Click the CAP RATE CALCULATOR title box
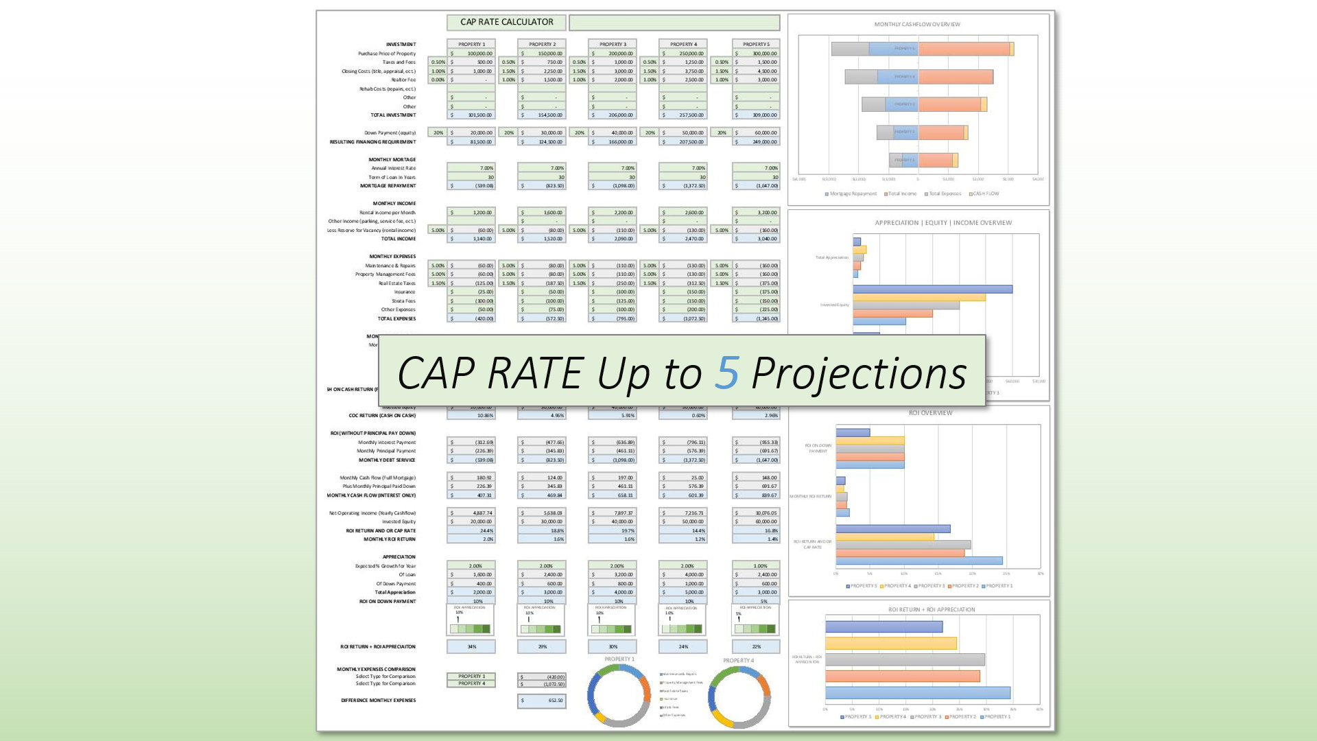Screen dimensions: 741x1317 pyautogui.click(x=506, y=22)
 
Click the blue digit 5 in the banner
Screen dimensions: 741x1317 pyautogui.click(x=727, y=373)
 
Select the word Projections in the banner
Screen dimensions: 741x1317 pyautogui.click(x=859, y=374)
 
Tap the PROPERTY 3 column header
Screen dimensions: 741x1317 pyautogui.click(x=612, y=44)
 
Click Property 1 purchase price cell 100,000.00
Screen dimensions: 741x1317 pyautogui.click(x=472, y=54)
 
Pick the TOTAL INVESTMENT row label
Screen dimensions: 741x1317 pyautogui.click(x=393, y=115)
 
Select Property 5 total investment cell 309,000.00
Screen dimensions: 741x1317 pyautogui.click(x=757, y=115)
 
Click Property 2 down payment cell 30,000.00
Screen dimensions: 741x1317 pyautogui.click(x=542, y=132)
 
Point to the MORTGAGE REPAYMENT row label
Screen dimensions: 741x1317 pyautogui.click(x=388, y=186)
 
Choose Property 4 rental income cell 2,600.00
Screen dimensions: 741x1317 pyautogui.click(x=683, y=213)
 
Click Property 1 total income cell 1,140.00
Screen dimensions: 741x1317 pyautogui.click(x=472, y=239)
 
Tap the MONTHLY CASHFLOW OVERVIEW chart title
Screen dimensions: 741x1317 pyautogui.click(x=916, y=25)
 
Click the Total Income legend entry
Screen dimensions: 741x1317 pyautogui.click(x=901, y=193)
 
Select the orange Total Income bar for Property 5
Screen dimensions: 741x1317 pyautogui.click(x=963, y=49)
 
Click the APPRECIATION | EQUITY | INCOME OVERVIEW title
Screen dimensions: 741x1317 pyautogui.click(x=942, y=223)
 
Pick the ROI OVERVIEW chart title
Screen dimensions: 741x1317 pyautogui.click(x=930, y=413)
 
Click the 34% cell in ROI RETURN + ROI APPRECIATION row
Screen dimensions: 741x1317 pyautogui.click(x=471, y=646)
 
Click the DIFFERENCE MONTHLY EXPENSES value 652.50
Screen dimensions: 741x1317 pyautogui.click(x=542, y=701)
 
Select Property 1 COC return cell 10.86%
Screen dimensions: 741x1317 pyautogui.click(x=472, y=415)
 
